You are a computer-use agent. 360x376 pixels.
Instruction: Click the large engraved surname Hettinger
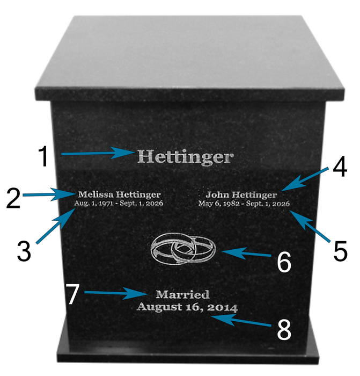coord(185,157)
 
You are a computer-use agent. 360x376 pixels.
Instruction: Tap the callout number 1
coord(44,156)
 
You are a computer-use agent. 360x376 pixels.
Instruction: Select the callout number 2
coord(13,198)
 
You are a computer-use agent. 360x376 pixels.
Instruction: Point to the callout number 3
coord(24,251)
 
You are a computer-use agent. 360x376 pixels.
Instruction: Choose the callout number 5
coord(340,251)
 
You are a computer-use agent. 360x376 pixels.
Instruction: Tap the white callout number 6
coord(284,262)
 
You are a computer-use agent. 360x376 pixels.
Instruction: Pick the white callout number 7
coord(73,294)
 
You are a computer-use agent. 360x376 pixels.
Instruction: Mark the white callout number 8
coord(284,330)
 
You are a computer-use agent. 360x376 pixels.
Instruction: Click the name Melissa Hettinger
coord(119,194)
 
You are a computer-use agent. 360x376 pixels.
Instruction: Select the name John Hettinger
coord(241,195)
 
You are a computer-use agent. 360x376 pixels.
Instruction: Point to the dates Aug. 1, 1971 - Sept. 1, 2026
coord(119,204)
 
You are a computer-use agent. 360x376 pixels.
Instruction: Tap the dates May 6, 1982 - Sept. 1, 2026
coord(244,204)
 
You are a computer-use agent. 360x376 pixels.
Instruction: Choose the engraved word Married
coord(183,295)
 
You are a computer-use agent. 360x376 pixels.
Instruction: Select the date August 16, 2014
coord(187,307)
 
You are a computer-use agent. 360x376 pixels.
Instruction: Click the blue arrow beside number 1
coord(98,153)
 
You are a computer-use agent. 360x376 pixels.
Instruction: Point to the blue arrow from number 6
coord(246,253)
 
